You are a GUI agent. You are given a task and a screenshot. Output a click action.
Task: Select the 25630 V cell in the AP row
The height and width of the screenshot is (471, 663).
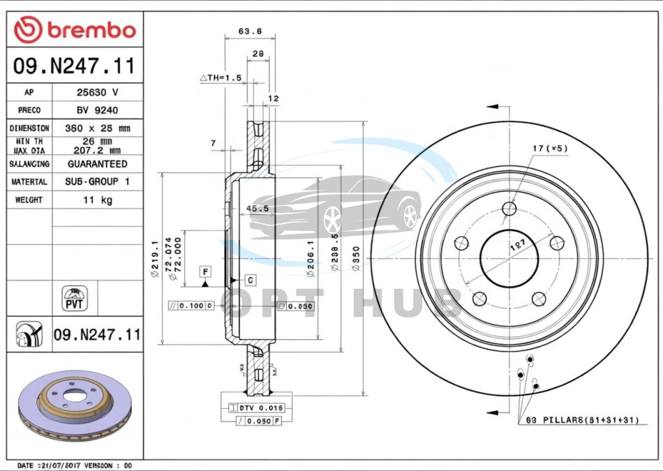97,92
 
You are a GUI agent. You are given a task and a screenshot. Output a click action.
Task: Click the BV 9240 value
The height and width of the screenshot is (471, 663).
97,110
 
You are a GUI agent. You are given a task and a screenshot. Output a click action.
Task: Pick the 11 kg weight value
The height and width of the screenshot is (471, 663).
97,200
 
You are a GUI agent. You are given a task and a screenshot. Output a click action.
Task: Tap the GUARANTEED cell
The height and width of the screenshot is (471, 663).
97,164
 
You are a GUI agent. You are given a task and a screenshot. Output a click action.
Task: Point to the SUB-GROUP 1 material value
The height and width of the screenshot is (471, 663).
97,181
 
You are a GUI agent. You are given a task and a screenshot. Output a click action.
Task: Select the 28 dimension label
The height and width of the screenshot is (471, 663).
258,54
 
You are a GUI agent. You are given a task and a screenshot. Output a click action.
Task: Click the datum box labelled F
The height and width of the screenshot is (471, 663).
205,271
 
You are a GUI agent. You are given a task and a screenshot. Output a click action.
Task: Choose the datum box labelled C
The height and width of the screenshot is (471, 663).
250,280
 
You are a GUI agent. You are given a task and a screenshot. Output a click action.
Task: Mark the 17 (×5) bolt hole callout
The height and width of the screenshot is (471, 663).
550,149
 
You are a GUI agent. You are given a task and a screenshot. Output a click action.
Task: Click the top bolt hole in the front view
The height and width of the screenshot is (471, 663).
510,208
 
